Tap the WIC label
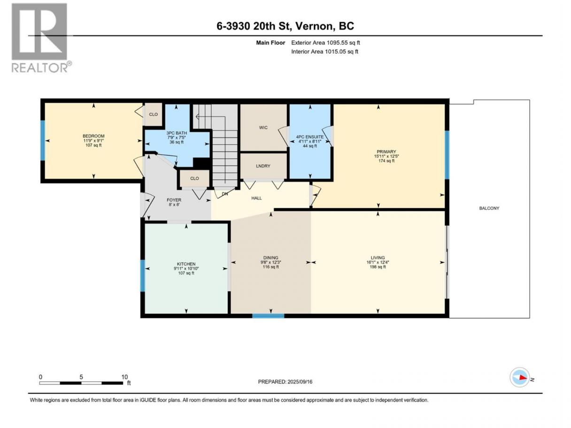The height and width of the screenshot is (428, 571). pyautogui.click(x=263, y=128)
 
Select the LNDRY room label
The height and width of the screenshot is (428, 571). pyautogui.click(x=263, y=166)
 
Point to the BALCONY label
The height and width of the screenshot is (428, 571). pyautogui.click(x=489, y=208)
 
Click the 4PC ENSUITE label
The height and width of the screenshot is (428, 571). pyautogui.click(x=309, y=137)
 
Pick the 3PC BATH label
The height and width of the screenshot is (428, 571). pyautogui.click(x=177, y=133)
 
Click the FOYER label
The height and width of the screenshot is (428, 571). pyautogui.click(x=174, y=200)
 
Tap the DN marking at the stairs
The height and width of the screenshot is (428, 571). pyautogui.click(x=225, y=194)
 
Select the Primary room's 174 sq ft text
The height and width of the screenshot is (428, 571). pyautogui.click(x=386, y=161)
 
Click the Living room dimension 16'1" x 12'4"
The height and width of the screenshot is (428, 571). pyautogui.click(x=378, y=262)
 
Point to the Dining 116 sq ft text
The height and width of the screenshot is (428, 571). pyautogui.click(x=271, y=267)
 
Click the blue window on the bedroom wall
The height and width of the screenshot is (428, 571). pyautogui.click(x=43, y=140)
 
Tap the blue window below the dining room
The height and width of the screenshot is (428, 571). pyautogui.click(x=268, y=316)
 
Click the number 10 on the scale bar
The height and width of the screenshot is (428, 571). pyautogui.click(x=124, y=377)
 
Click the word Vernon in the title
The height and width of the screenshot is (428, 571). pyautogui.click(x=315, y=26)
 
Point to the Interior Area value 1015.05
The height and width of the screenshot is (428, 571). pyautogui.click(x=335, y=52)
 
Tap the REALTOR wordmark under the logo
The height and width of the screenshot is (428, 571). pyautogui.click(x=40, y=68)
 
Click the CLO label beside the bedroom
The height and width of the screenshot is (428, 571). pyautogui.click(x=153, y=115)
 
